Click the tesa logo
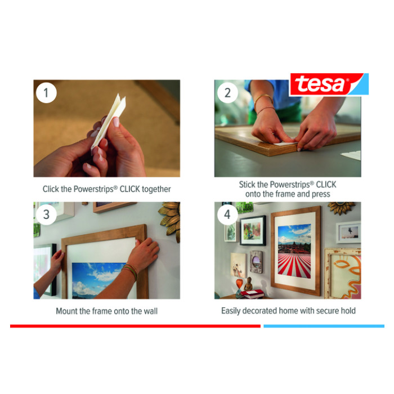pos(329,84)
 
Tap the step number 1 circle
pos(46,93)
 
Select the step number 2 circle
pos(227,93)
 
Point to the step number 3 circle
pos(46,214)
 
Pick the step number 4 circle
pos(227,214)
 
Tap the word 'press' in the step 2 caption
pos(321,194)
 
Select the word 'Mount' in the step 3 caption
pos(66,311)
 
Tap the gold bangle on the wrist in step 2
pos(263,100)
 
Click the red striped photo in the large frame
pos(294,251)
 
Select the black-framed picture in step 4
pos(253,230)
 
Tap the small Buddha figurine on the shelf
pos(248,284)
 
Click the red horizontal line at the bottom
pos(135,326)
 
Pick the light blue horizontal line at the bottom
pos(324,326)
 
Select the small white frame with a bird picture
pos(348,232)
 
